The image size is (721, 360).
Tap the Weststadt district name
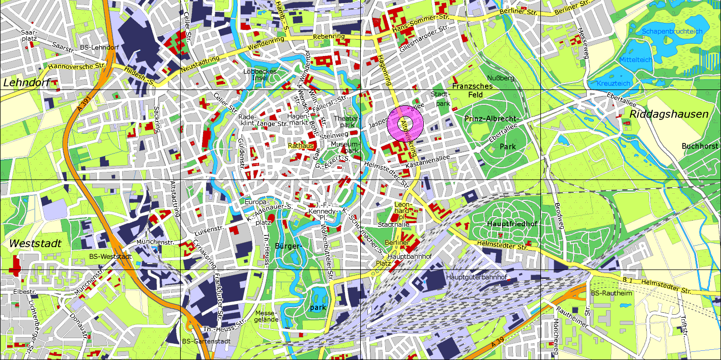35,244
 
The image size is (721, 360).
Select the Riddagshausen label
669,114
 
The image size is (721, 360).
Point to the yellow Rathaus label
300,145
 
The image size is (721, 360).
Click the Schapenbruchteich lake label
672,32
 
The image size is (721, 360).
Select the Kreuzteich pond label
613,83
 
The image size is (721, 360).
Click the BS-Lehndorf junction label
99,48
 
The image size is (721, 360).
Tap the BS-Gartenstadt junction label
204,341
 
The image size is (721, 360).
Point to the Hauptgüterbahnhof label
476,277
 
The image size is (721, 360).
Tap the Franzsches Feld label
472,91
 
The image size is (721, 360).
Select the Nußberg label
501,78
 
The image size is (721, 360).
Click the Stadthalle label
393,224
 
